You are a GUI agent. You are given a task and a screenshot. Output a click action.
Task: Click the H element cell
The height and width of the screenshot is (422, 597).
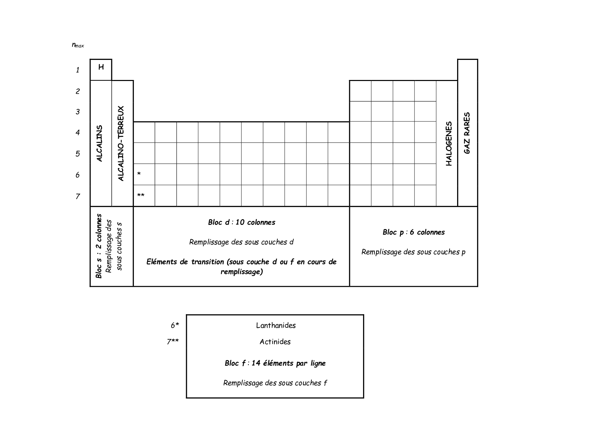click(101, 69)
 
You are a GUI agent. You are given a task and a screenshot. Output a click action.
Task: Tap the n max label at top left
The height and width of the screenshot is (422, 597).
click(78, 45)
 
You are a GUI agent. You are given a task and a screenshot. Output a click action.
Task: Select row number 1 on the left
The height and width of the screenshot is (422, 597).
click(78, 70)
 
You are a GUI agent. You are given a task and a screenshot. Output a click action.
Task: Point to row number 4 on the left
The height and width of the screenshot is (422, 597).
click(78, 132)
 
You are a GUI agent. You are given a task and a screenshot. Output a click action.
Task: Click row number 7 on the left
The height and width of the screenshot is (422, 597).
click(78, 196)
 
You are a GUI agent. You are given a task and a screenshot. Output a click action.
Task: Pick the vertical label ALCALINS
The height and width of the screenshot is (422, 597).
click(99, 143)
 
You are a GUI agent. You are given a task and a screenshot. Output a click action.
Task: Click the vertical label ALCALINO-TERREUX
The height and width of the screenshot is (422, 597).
click(121, 143)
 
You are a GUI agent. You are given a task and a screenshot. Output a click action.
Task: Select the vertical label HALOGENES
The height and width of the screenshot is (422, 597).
click(449, 143)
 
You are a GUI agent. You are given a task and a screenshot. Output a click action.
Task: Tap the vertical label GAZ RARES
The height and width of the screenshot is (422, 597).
click(467, 133)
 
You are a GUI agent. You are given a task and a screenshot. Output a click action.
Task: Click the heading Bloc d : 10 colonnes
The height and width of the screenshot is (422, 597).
click(242, 222)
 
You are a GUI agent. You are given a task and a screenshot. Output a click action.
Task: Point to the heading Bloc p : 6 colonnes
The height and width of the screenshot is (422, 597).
click(414, 232)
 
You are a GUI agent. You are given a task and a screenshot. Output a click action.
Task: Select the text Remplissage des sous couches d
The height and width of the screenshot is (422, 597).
click(241, 242)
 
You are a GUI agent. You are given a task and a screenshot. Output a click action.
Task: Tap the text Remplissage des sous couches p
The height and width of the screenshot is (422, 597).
click(413, 252)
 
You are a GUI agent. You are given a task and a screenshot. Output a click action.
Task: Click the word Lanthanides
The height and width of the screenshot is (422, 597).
click(276, 325)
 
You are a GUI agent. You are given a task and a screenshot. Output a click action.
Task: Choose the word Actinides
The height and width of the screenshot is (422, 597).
click(275, 342)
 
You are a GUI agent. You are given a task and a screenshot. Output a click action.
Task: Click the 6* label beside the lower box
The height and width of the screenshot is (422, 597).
click(175, 325)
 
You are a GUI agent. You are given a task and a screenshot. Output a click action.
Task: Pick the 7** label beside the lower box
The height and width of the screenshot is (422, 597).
click(173, 342)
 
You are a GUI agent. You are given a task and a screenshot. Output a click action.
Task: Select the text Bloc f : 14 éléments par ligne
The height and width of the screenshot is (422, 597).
click(275, 363)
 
